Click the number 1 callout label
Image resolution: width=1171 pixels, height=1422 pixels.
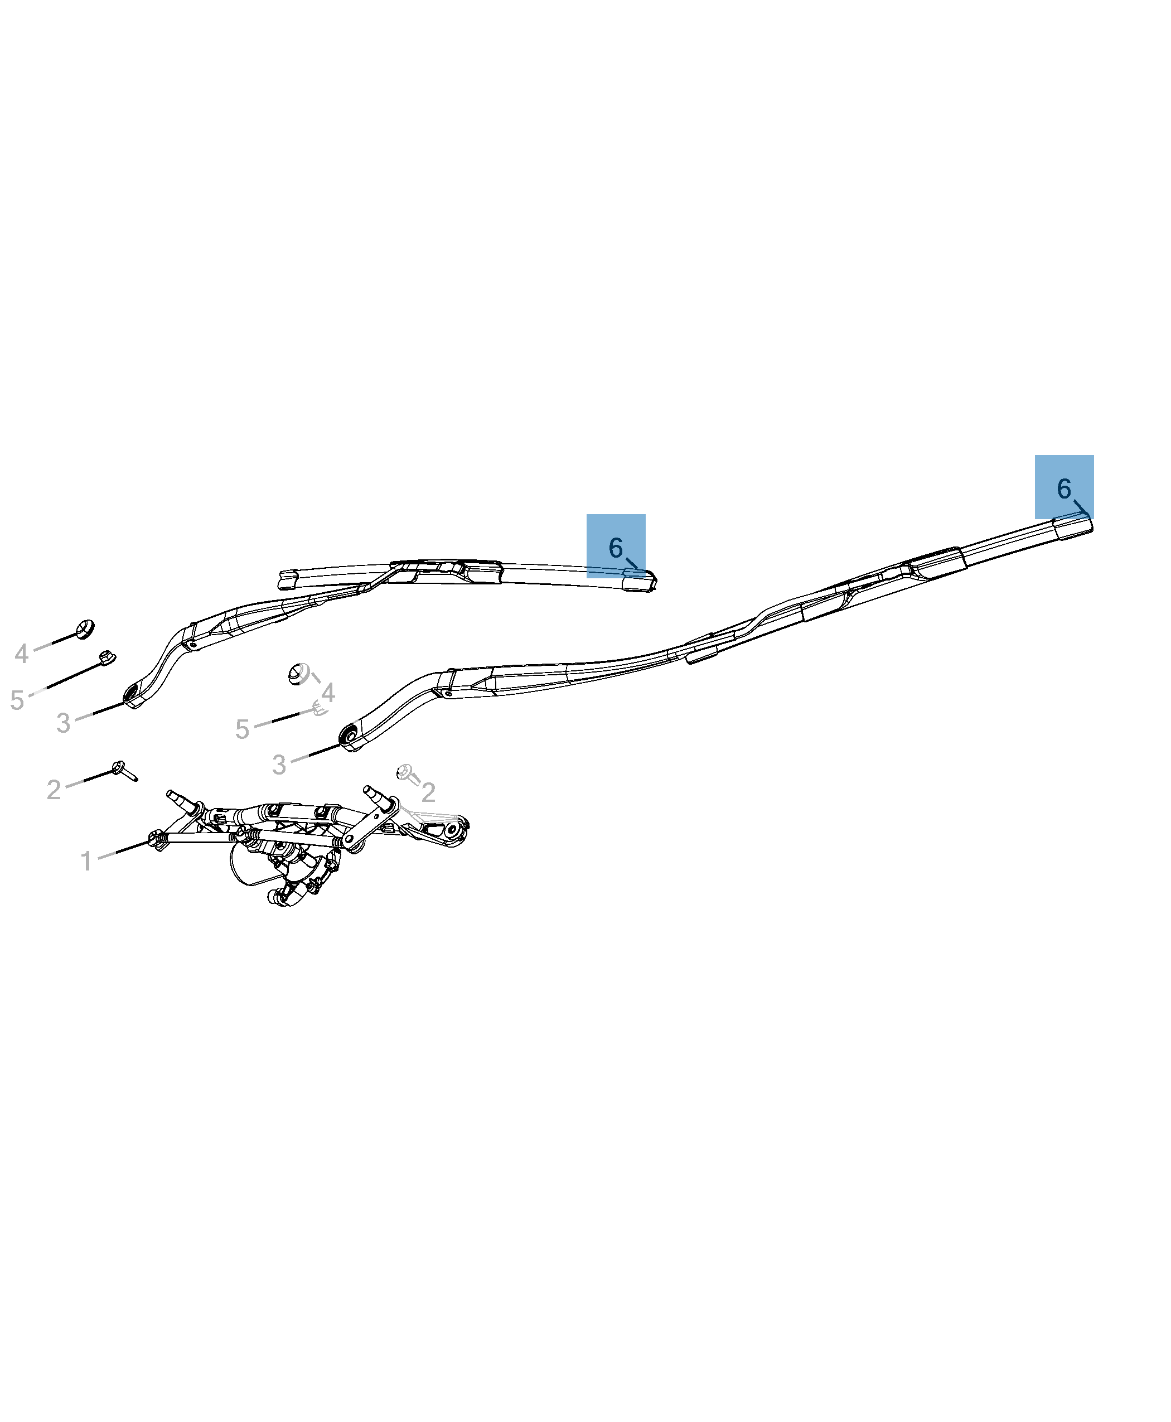86,862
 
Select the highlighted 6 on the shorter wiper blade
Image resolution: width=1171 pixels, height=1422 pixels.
615,547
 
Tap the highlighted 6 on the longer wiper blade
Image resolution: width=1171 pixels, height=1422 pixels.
1064,488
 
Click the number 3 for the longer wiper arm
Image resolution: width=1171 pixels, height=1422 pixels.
279,765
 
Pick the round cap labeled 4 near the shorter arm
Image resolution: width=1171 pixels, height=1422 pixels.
85,628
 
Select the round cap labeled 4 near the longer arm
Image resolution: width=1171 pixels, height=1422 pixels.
297,673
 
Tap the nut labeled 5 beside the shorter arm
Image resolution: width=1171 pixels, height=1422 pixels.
106,657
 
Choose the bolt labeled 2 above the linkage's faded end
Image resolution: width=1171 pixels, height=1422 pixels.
405,772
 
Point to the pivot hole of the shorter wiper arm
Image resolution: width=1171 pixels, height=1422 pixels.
130,693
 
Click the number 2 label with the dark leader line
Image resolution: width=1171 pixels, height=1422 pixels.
54,789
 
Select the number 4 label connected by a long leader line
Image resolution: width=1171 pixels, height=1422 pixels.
22,654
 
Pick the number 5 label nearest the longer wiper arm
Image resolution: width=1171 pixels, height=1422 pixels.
242,729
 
